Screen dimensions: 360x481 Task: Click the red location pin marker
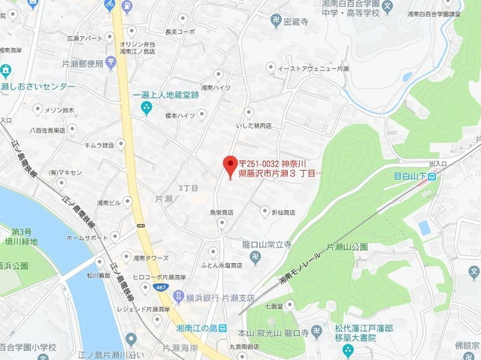pos(231,165)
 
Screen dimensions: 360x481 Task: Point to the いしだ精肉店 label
pos(253,126)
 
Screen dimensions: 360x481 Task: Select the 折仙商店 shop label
pos(282,212)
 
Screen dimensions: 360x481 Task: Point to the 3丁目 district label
pos(188,187)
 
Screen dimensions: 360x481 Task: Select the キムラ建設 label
pos(98,144)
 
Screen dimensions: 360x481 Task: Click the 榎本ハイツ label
pos(179,115)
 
